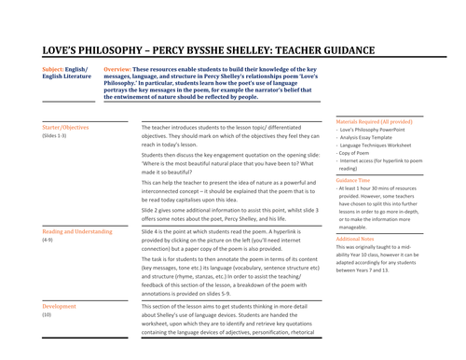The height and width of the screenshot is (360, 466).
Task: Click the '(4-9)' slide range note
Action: (x=48, y=240)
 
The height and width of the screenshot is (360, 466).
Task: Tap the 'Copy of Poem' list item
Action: (x=362, y=156)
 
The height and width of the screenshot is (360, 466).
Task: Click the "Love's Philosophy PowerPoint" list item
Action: (x=382, y=131)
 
